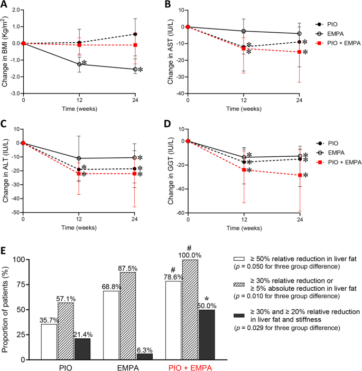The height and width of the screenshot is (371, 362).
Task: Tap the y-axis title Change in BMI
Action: [x=5, y=52]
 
